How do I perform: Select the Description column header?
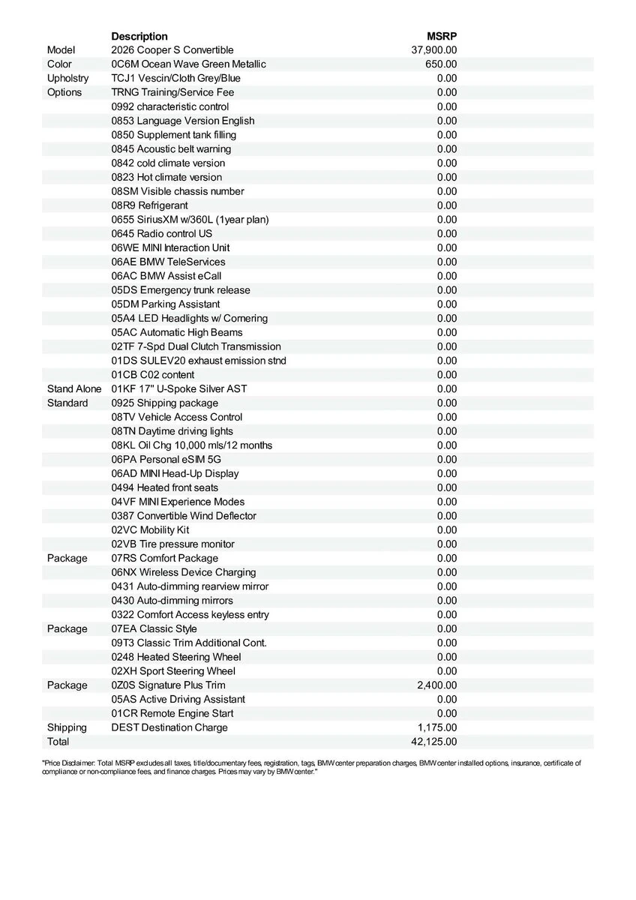tap(139, 36)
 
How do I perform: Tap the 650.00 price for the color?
tap(441, 64)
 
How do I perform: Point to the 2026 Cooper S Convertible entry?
tap(172, 50)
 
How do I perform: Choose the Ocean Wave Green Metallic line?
tap(188, 64)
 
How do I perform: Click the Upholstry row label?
tap(67, 78)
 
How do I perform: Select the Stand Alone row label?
tap(75, 388)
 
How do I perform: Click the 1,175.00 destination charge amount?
tap(437, 727)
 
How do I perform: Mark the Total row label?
tap(58, 742)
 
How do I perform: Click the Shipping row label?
tap(67, 727)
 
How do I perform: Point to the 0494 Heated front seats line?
tap(165, 487)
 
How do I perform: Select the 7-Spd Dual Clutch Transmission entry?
tap(196, 346)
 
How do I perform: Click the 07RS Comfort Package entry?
tap(165, 558)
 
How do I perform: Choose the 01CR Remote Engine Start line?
tap(172, 713)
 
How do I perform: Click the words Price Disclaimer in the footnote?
tap(70, 763)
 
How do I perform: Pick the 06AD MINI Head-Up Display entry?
tap(175, 473)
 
